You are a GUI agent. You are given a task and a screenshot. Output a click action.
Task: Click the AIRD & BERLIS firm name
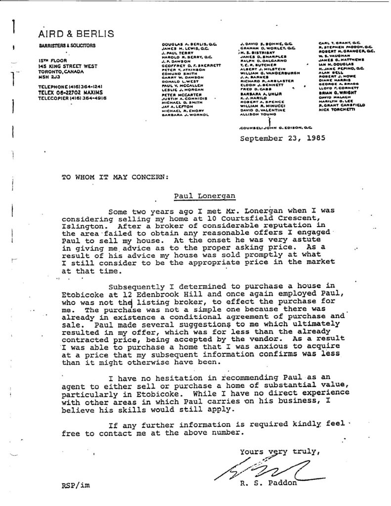coord(76,34)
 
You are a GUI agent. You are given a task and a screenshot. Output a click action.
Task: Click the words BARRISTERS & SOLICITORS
coord(67,46)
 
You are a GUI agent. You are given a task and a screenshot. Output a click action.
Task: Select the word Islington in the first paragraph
coord(82,226)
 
